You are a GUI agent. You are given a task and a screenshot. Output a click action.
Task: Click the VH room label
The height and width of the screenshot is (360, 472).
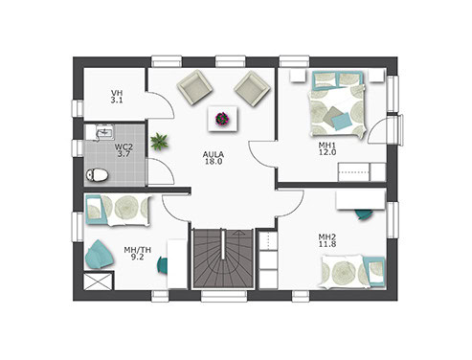(117, 93)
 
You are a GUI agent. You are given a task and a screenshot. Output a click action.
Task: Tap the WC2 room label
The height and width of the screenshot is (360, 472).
(124, 147)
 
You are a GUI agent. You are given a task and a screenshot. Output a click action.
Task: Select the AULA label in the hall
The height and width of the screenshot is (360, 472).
(214, 154)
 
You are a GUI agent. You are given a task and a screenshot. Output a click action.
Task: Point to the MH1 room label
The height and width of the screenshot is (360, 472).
(327, 146)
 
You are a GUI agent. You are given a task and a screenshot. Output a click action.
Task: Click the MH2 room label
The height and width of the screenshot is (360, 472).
(327, 237)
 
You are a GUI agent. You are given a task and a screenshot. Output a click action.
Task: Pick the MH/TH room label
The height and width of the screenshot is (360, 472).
(138, 250)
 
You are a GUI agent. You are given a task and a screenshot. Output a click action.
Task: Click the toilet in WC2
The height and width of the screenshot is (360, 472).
(97, 175)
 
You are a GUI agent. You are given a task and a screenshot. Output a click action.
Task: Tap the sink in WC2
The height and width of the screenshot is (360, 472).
(104, 132)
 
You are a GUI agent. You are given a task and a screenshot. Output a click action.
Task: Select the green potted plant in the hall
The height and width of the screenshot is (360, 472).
(159, 142)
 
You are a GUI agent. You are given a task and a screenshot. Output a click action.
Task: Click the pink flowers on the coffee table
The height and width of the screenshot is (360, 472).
(222, 119)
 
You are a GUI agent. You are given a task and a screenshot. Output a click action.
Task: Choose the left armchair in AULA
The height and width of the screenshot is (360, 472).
(194, 87)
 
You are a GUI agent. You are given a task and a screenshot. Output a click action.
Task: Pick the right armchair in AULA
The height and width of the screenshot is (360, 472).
(253, 88)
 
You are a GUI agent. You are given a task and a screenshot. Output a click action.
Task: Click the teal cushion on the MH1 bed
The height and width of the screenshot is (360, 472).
(342, 122)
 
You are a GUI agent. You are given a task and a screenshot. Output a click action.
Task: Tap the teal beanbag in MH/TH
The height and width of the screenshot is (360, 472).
(100, 255)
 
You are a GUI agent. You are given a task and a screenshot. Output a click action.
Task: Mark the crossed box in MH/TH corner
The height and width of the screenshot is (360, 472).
(99, 281)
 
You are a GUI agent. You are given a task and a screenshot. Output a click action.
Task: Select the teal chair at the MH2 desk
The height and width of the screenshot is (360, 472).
(365, 214)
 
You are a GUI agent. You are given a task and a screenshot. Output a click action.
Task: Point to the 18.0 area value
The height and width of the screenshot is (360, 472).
(214, 162)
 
